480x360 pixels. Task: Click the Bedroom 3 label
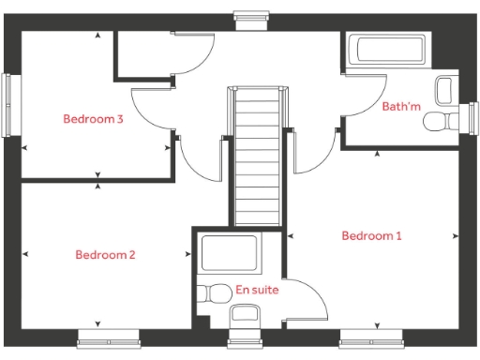coord(94,119)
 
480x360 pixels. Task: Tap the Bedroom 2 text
coord(106,255)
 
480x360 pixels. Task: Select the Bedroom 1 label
coord(371,235)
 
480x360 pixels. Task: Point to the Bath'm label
coord(401,107)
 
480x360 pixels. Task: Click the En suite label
coord(257,291)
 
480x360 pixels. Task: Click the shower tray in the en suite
coord(230,253)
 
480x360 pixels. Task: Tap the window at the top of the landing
coord(249,15)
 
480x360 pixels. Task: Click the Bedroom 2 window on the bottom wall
coord(108,337)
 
